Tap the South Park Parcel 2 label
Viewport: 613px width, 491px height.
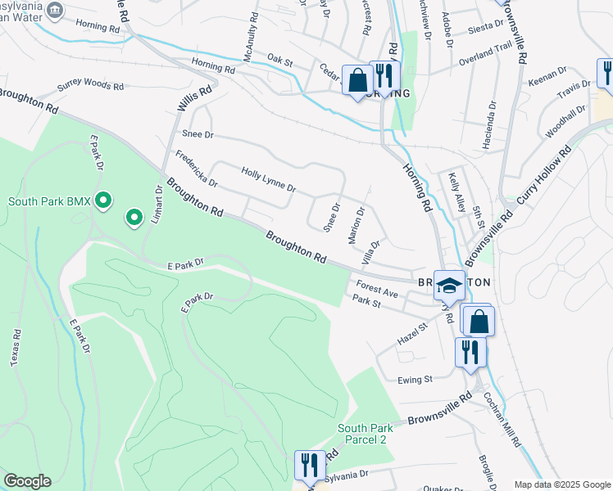click(x=367, y=434)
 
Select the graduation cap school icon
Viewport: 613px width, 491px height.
click(x=448, y=286)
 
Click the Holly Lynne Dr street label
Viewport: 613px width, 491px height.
click(x=268, y=181)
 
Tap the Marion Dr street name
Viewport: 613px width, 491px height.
click(x=356, y=223)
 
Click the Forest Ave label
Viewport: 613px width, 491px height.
click(x=377, y=289)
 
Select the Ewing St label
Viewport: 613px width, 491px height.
click(x=415, y=380)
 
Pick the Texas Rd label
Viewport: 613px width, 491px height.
click(x=16, y=348)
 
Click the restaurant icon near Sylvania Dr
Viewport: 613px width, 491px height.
click(x=309, y=466)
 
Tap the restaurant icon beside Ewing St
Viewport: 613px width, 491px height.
click(x=470, y=352)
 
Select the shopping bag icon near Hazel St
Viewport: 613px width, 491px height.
click(x=479, y=321)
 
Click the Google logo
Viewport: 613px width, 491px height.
click(x=27, y=481)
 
